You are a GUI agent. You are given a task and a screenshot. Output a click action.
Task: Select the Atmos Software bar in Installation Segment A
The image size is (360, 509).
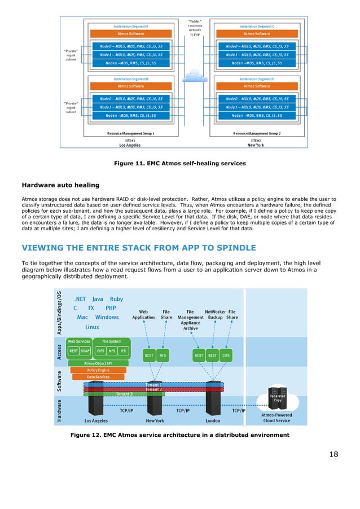click(x=131, y=33)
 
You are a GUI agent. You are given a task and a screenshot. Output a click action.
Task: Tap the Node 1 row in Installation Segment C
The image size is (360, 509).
click(x=257, y=55)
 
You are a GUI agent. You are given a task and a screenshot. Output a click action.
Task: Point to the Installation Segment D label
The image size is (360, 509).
click(x=257, y=80)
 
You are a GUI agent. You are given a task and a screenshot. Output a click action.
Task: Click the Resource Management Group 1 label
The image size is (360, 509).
click(x=131, y=134)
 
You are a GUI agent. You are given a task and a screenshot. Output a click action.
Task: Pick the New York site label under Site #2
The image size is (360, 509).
click(x=254, y=144)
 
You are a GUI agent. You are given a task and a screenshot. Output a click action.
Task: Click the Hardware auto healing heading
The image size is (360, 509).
click(x=60, y=185)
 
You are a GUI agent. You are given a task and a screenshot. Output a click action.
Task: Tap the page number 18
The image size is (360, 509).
click(x=333, y=454)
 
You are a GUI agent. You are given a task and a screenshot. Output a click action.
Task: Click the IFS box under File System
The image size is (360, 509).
click(x=124, y=350)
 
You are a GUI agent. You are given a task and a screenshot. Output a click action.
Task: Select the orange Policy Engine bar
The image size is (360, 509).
click(x=99, y=370)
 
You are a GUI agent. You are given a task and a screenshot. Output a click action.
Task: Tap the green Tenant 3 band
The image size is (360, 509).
click(x=124, y=394)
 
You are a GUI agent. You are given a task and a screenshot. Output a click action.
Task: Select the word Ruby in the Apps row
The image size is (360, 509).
click(x=117, y=299)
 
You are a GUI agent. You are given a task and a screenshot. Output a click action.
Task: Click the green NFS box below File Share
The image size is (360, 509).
click(x=163, y=356)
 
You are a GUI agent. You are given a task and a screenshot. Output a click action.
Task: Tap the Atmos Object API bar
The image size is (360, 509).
click(x=98, y=363)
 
